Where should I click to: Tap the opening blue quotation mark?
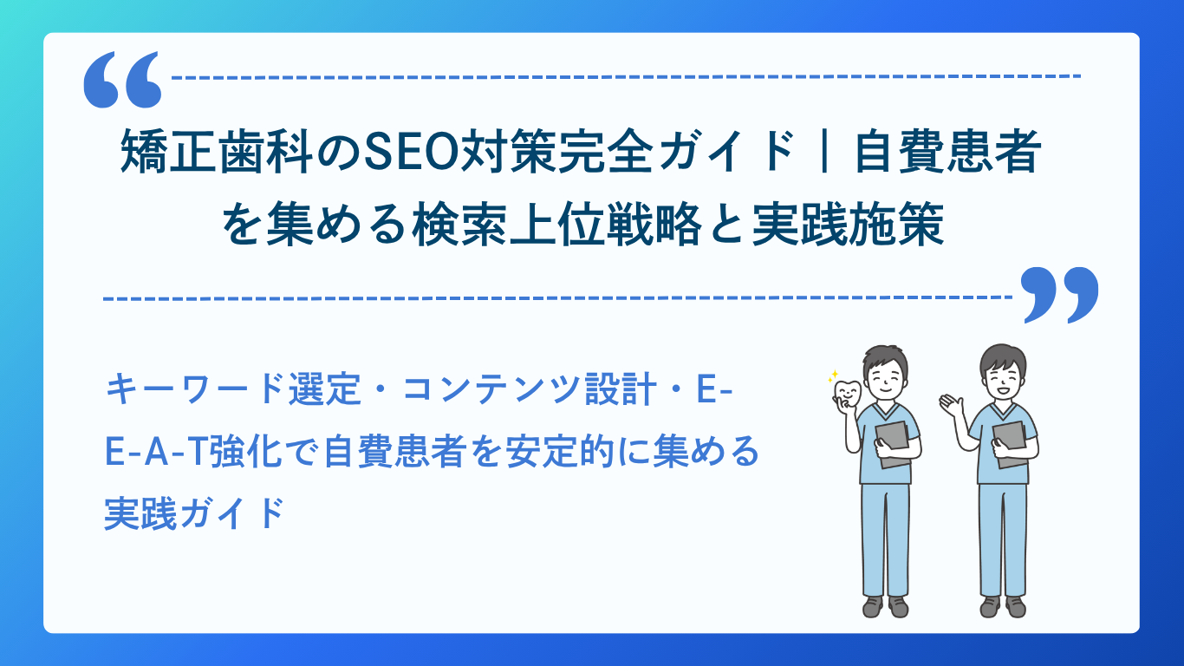pos(123,79)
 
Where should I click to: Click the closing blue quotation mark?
pos(1060,294)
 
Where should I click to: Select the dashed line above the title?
pos(624,76)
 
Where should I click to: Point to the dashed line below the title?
pos(555,298)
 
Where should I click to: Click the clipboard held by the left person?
pos(893,442)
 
